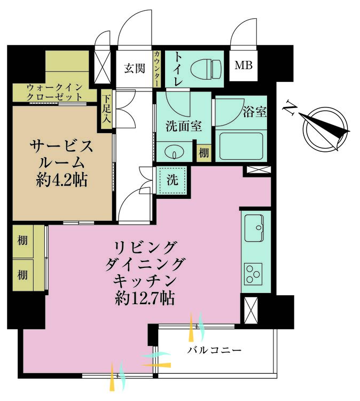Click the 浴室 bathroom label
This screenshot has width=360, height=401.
pyautogui.click(x=255, y=112)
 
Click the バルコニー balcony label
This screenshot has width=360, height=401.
pyautogui.click(x=214, y=351)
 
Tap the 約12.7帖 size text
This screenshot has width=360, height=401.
pyautogui.click(x=145, y=297)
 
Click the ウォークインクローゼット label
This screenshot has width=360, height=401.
pyautogui.click(x=55, y=91)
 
